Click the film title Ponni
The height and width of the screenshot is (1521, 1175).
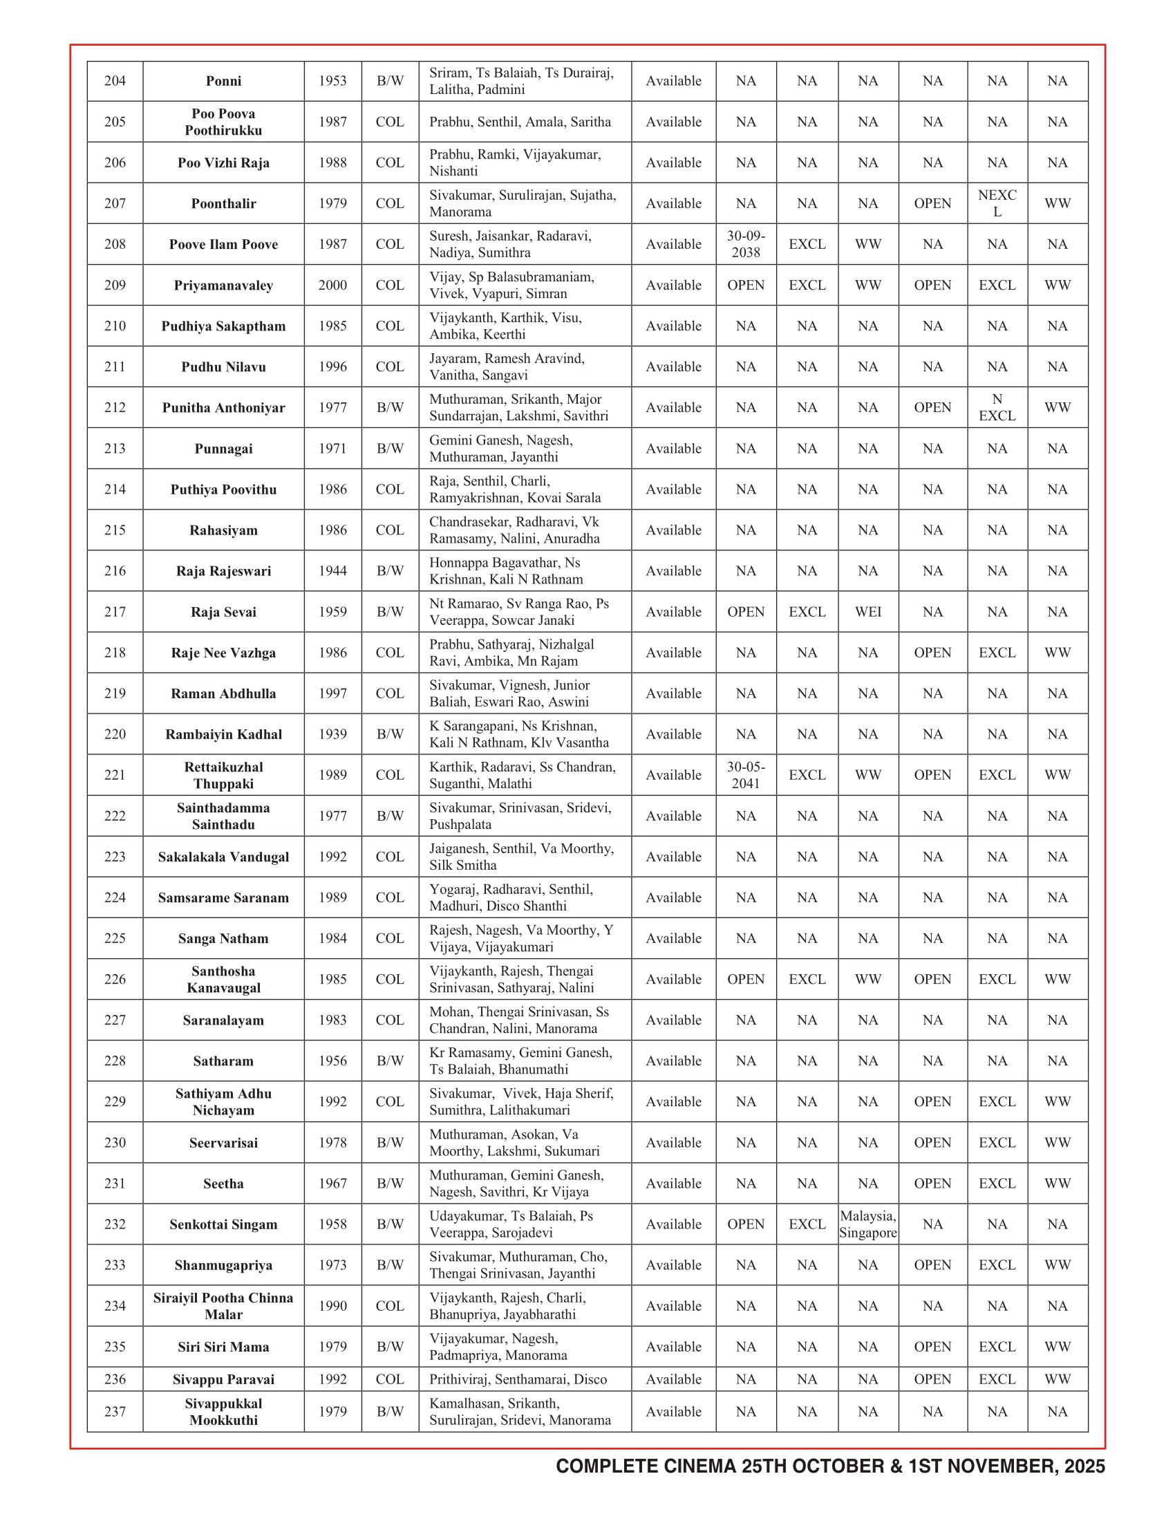pyautogui.click(x=223, y=82)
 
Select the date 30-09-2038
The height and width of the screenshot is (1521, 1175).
pyautogui.click(x=746, y=245)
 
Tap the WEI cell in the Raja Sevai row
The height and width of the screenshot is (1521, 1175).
pyautogui.click(x=867, y=612)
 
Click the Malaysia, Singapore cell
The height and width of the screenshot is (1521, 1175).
pyautogui.click(x=867, y=1224)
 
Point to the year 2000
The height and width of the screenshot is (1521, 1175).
pyautogui.click(x=332, y=286)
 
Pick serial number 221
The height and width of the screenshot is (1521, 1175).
pyautogui.click(x=115, y=775)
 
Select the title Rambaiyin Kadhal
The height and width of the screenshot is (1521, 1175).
pyautogui.click(x=223, y=735)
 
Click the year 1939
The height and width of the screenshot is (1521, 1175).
pyautogui.click(x=332, y=735)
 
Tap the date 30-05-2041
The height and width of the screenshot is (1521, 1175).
pyautogui.click(x=746, y=775)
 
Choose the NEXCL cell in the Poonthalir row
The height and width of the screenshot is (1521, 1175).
pyautogui.click(x=997, y=203)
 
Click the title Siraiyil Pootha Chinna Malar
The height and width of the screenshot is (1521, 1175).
pyautogui.click(x=223, y=1306)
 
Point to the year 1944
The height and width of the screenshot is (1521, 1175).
pyautogui.click(x=332, y=571)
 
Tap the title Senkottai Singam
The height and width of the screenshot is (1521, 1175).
pyautogui.click(x=223, y=1224)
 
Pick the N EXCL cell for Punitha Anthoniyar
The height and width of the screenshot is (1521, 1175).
pyautogui.click(x=997, y=407)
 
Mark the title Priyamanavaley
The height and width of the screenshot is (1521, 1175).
pyautogui.click(x=223, y=286)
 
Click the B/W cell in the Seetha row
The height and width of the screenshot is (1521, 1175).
pyautogui.click(x=390, y=1183)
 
